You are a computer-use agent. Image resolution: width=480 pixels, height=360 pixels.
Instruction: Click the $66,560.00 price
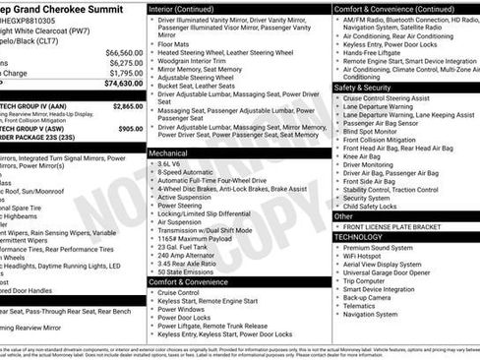coord(124,52)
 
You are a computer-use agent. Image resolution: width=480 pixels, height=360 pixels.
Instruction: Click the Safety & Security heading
coord(369,88)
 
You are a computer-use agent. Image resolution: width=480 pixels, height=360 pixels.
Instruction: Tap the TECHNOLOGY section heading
coord(358,237)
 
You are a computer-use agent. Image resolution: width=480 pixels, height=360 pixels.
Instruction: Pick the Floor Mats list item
coord(174,43)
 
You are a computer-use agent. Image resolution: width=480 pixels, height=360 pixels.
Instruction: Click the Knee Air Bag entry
coord(361,155)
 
